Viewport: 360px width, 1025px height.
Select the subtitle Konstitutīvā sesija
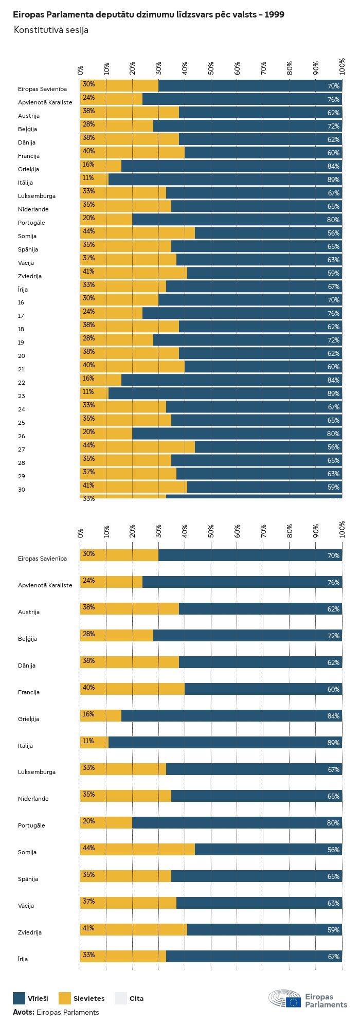click(51, 30)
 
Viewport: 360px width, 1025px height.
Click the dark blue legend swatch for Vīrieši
click(19, 998)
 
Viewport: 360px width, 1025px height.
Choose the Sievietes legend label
click(89, 998)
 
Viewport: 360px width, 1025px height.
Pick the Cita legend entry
click(136, 998)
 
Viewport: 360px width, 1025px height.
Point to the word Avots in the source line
click(23, 1012)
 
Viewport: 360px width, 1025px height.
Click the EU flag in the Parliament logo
click(294, 1002)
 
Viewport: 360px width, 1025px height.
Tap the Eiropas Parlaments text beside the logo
click(326, 1000)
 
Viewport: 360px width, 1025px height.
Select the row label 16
click(21, 302)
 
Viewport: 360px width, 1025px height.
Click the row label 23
click(21, 396)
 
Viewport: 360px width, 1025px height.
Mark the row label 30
click(21, 490)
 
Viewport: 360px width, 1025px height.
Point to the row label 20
click(21, 356)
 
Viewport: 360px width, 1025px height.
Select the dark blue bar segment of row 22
click(231, 380)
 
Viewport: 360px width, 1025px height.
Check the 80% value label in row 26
click(333, 434)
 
